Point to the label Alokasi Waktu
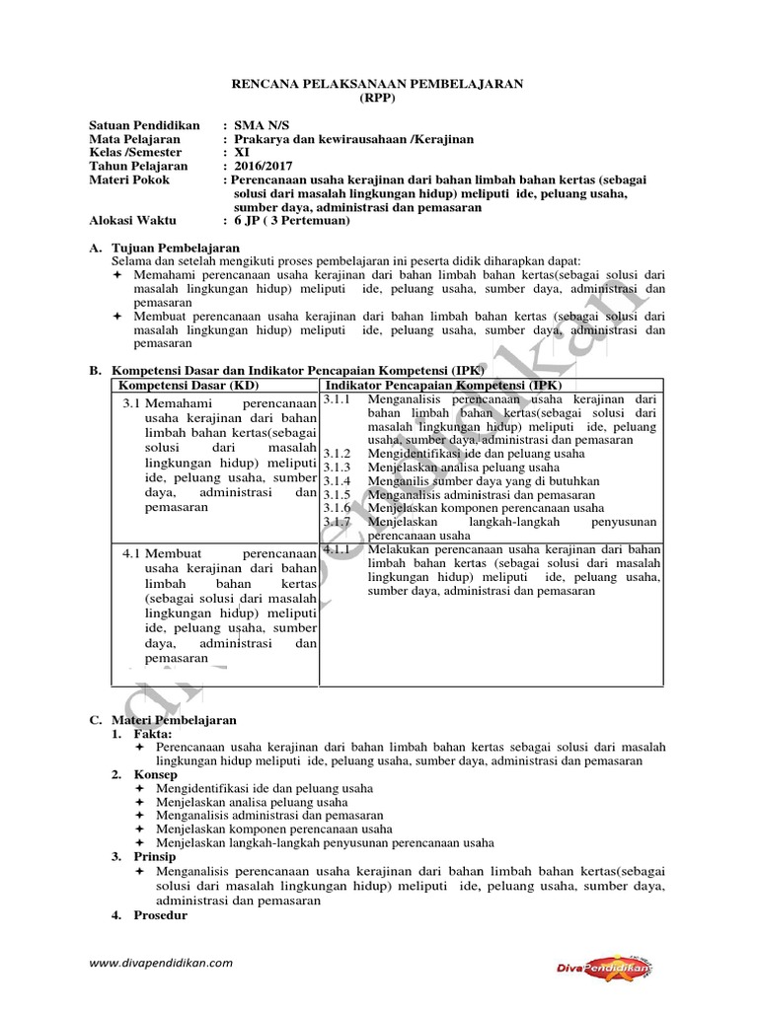coord(131,221)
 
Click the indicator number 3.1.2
coord(337,453)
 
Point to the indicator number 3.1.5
coord(337,494)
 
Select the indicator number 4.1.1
coord(337,548)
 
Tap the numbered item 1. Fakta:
coord(141,735)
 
